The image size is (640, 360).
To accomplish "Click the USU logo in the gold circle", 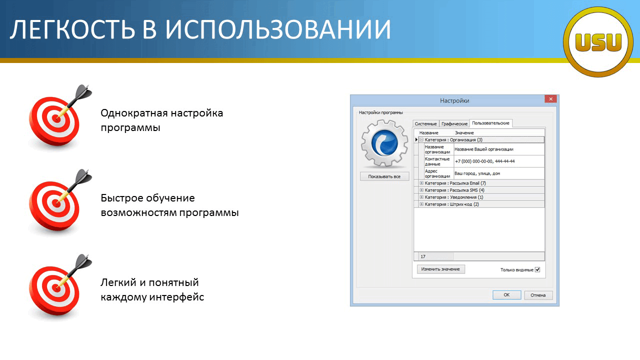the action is (598, 42).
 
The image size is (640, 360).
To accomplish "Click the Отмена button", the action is (538, 295).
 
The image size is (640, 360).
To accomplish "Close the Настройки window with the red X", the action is (550, 99).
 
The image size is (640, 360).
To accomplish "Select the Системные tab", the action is (425, 123).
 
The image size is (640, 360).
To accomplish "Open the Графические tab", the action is (454, 123).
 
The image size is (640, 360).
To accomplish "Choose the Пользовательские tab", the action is (490, 123).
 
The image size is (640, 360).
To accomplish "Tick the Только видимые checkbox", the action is (537, 269).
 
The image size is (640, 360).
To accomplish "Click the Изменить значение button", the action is (440, 269).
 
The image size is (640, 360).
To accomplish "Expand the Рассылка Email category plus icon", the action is (421, 183).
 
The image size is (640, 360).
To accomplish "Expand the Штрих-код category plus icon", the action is (421, 204).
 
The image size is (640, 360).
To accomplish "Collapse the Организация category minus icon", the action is (421, 139).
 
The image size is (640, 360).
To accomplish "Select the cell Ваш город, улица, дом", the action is (477, 173).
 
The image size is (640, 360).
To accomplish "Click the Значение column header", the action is (464, 133).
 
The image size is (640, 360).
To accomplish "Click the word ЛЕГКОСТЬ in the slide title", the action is (72, 29).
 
